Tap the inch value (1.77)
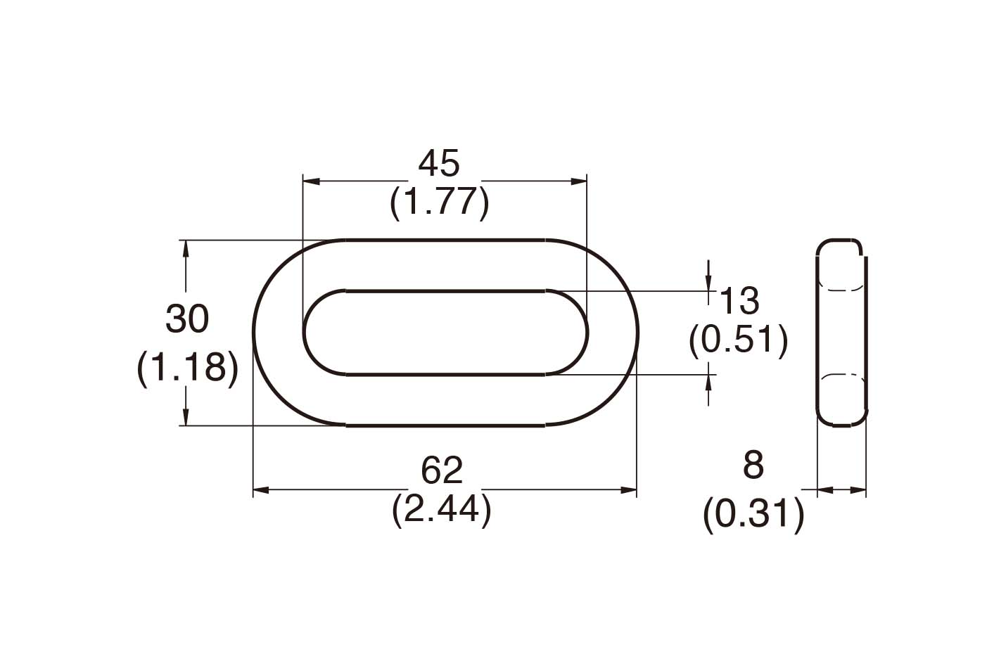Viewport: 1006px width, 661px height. point(439,203)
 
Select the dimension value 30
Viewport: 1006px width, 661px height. point(187,319)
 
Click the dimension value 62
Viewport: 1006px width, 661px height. point(442,470)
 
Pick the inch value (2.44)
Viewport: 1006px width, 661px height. point(441,510)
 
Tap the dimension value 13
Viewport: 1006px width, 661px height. point(739,302)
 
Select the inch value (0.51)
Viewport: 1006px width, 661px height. point(738,340)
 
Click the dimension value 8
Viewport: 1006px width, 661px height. point(753,466)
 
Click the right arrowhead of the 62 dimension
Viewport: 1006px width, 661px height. point(628,490)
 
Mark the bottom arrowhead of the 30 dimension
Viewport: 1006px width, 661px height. point(186,417)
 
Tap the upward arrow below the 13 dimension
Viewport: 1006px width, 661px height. point(708,383)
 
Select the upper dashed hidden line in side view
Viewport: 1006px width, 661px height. point(841,288)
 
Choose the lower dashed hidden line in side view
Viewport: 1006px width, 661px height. point(841,377)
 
